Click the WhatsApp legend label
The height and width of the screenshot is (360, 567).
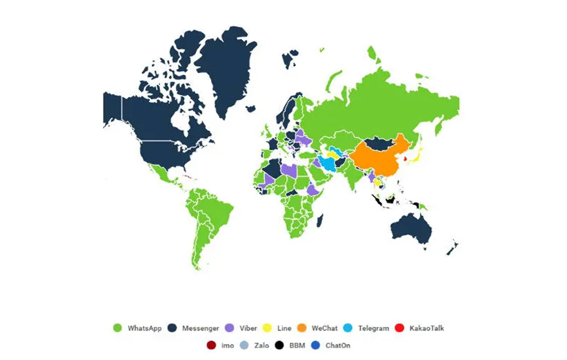coord(144,328)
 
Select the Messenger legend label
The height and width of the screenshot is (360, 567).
coord(200,328)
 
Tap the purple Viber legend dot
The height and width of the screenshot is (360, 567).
coord(230,328)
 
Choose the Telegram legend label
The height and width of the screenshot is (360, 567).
coord(373,328)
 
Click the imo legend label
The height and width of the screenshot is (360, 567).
coord(227,344)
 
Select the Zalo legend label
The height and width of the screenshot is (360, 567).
coord(261,344)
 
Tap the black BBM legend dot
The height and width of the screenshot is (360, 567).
coord(279,344)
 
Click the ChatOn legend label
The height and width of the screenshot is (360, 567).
coord(339,344)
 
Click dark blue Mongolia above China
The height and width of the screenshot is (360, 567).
coord(379,143)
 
